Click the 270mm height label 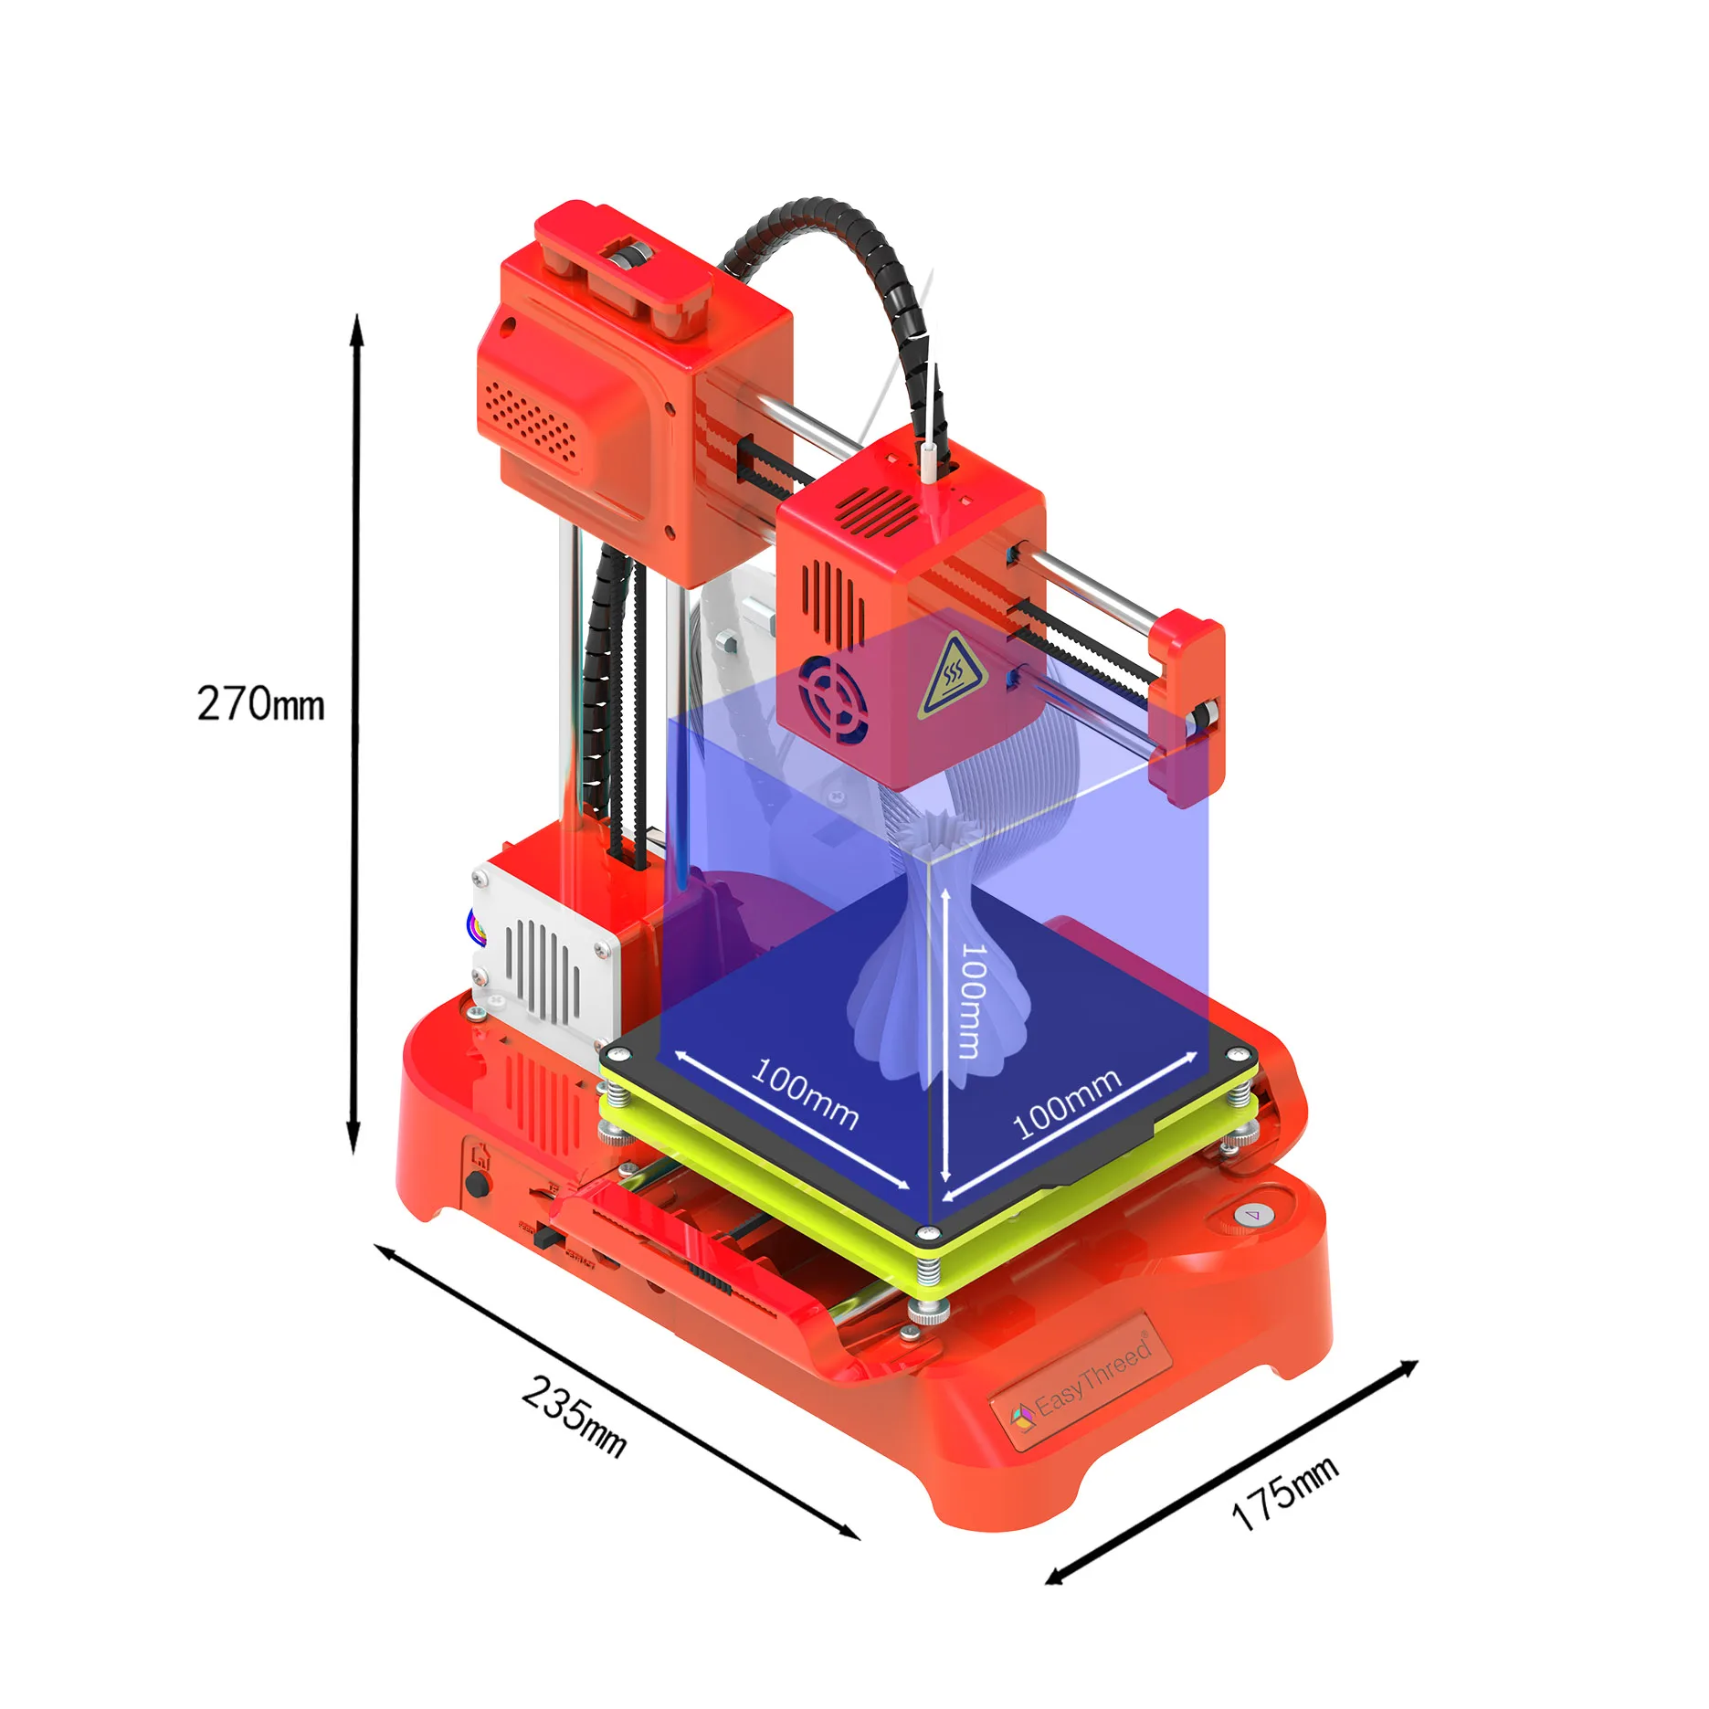coord(260,704)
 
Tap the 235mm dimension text coord(575,1417)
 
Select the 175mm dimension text coord(1283,1492)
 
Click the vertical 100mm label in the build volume coord(971,1000)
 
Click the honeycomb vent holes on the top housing coord(531,421)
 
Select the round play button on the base coord(1252,1215)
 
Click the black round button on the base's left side coord(476,1185)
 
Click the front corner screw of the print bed coord(928,1232)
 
